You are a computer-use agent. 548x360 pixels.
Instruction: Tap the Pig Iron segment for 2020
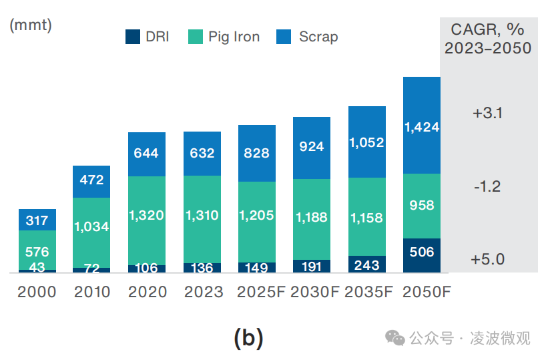[147, 220]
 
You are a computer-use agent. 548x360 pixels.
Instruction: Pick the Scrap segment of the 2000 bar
[37, 220]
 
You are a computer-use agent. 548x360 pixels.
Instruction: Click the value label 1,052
[367, 142]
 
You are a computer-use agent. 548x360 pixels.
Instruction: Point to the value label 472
[91, 180]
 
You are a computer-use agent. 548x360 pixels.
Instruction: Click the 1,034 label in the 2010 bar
[91, 226]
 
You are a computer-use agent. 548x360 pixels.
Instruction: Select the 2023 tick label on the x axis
[202, 292]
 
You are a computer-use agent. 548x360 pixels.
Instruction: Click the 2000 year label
[37, 292]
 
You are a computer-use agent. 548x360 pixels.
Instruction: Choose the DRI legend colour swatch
[133, 37]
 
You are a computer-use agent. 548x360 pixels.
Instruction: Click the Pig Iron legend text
[234, 37]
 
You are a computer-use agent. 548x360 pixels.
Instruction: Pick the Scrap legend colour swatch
[283, 37]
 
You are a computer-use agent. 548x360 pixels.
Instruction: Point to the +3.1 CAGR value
[488, 114]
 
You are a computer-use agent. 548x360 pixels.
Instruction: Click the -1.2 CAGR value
[488, 186]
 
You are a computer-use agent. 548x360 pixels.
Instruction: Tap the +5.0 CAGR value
[488, 259]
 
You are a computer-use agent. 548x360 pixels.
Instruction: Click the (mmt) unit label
[31, 26]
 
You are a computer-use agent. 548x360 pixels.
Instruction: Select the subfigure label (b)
[249, 338]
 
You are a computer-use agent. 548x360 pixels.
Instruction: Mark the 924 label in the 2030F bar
[312, 146]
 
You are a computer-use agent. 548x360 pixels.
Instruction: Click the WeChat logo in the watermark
[396, 338]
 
